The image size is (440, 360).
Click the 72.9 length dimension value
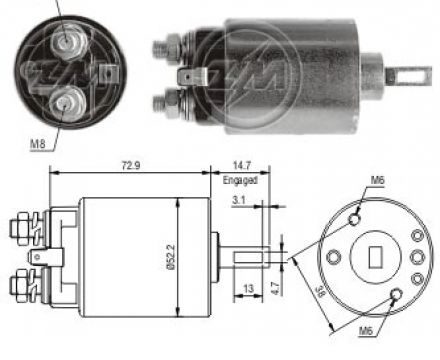click(131, 166)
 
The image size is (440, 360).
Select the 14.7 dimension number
click(242, 166)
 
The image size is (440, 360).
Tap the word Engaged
click(240, 180)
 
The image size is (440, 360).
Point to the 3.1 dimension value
click(239, 200)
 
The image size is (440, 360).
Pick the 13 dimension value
click(249, 288)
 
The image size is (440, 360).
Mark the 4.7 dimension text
click(275, 288)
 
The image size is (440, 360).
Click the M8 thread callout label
click(37, 144)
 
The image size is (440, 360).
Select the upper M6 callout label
click(378, 180)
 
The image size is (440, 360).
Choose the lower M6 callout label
click(366, 331)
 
